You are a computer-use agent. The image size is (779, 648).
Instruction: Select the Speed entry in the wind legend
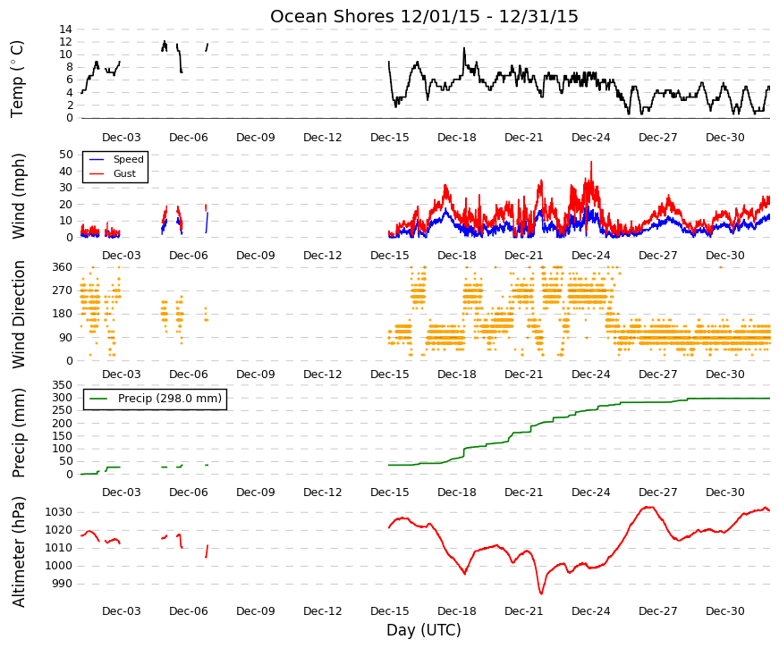pos(128,159)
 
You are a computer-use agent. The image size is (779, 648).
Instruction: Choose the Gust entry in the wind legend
pos(124,173)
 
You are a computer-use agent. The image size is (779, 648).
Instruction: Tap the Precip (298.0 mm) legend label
pos(169,399)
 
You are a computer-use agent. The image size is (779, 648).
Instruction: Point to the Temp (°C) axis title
pos(17,80)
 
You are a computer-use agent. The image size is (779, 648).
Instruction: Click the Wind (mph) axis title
pos(18,197)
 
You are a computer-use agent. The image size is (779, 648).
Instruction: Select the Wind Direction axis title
pos(18,315)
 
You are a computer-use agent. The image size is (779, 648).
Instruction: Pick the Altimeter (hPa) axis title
pos(18,551)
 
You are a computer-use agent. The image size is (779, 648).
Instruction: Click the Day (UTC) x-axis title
pos(424,630)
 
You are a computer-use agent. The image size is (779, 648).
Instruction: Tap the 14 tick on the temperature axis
pos(65,29)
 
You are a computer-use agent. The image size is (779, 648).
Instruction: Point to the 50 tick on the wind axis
pos(65,155)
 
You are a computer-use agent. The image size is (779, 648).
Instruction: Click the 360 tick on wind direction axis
pos(63,267)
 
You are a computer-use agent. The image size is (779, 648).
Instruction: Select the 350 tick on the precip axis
pos(63,385)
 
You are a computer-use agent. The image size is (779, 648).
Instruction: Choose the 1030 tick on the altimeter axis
pos(59,512)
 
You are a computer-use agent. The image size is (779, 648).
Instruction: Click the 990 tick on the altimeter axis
pos(62,584)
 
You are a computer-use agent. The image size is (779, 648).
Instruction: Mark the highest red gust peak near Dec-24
pos(591,162)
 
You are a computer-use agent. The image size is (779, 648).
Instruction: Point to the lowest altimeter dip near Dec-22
pos(541,593)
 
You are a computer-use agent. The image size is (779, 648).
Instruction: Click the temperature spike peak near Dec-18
pos(464,47)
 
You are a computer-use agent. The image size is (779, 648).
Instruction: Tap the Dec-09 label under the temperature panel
pos(256,138)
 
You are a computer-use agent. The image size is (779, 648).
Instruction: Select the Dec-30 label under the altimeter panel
pos(724,611)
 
